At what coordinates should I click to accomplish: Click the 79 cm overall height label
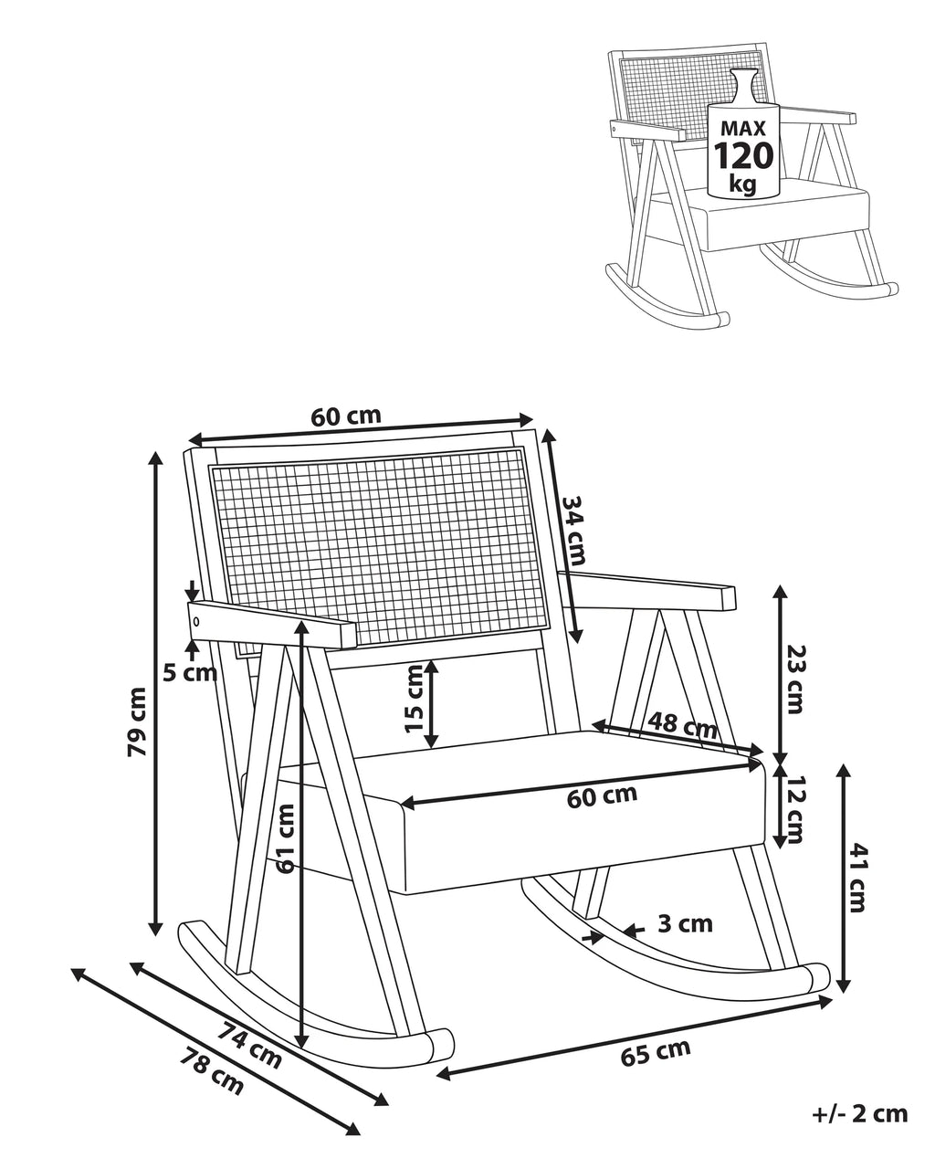[137, 721]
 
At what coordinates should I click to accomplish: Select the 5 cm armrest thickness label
[190, 674]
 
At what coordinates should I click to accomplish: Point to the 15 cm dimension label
[415, 698]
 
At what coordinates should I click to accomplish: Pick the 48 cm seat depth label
[682, 725]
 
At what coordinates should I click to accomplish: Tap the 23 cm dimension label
[794, 679]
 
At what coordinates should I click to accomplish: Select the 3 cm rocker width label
[685, 923]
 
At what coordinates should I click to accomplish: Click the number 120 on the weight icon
[742, 156]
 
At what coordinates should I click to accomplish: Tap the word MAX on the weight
[742, 128]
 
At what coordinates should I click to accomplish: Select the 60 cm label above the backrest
[346, 416]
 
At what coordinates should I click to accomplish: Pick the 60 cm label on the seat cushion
[602, 796]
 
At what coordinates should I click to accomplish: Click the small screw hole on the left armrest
[196, 621]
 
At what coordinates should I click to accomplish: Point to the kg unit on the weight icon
[742, 184]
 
